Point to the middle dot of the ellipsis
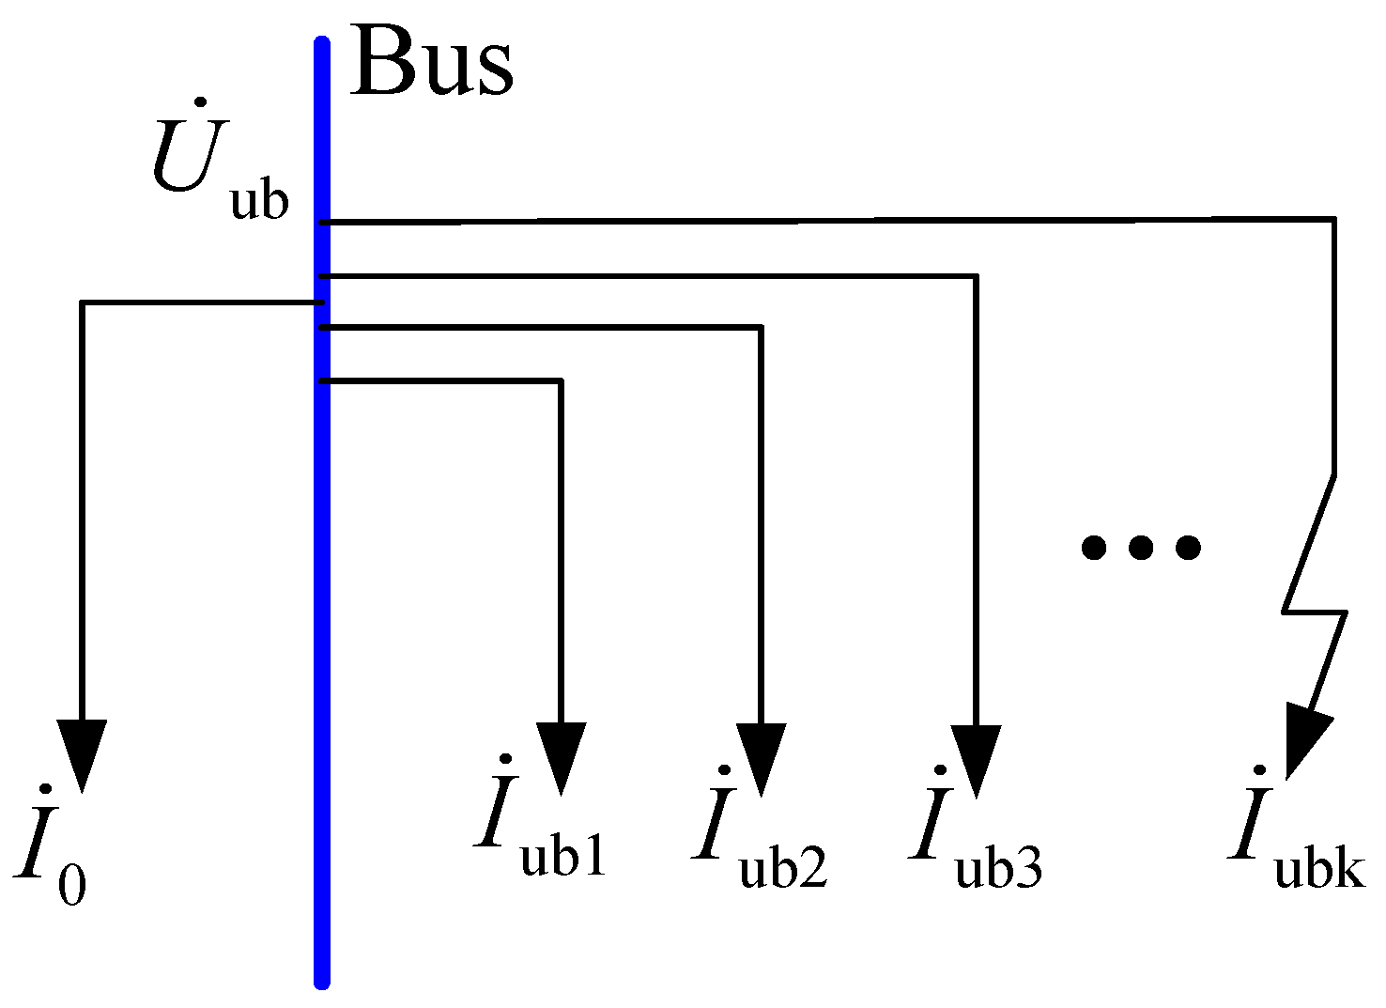(x=1140, y=547)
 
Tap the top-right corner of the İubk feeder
(x=1334, y=220)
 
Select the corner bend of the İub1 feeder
(x=561, y=381)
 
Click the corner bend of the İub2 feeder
(x=761, y=328)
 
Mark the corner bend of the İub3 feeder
(x=977, y=277)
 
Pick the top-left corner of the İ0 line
(x=83, y=303)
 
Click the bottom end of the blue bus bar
(x=322, y=981)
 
